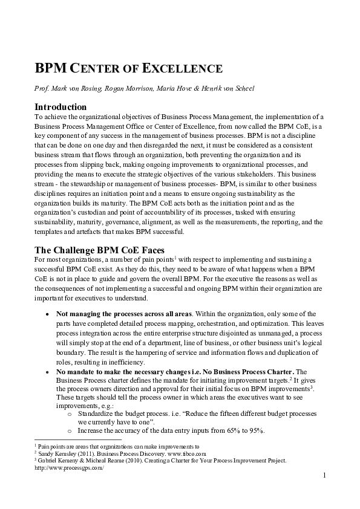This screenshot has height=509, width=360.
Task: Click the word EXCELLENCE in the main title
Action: coord(188,68)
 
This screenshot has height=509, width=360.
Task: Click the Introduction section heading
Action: coord(61,107)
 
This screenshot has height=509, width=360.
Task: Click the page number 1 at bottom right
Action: coord(324,476)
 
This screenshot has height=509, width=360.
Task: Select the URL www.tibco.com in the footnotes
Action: coord(189,453)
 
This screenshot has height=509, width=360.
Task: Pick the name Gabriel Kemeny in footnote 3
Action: coord(57,460)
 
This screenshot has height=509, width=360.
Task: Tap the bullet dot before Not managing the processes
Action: coord(48,314)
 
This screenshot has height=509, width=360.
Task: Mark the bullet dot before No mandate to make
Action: coord(48,371)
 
